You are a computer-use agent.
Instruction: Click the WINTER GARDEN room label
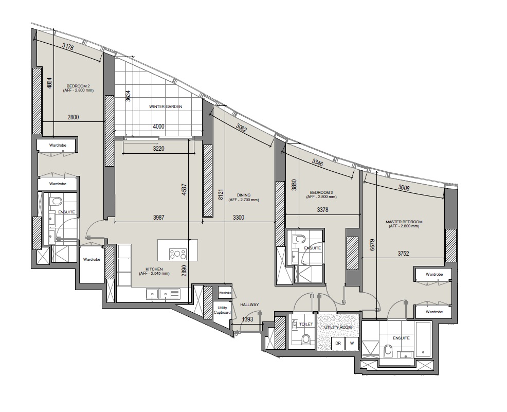point(166,106)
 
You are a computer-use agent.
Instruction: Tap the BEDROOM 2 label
point(78,86)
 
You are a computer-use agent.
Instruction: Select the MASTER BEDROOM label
point(404,222)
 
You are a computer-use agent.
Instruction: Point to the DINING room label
point(244,195)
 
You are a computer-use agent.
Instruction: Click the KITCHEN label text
point(154,269)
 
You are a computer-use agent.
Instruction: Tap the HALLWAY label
point(249,304)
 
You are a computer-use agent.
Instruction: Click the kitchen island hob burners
point(178,254)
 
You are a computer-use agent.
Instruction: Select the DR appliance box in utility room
point(338,344)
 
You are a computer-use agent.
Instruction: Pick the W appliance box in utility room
point(352,344)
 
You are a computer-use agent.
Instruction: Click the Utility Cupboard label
point(222,310)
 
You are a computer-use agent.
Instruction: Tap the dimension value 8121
point(221,195)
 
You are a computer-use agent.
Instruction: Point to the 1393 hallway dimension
point(248,319)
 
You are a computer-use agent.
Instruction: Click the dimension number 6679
point(372,245)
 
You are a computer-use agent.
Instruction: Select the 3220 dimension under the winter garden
point(158,149)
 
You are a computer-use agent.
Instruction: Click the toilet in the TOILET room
point(305,339)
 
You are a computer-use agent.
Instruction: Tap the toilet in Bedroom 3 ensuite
point(299,239)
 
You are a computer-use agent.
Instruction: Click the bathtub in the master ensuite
point(423,339)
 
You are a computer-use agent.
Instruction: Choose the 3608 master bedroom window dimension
point(404,188)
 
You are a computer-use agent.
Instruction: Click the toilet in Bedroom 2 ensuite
point(57,201)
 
